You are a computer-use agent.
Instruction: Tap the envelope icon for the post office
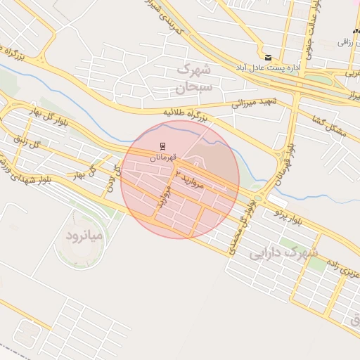[x=267, y=57]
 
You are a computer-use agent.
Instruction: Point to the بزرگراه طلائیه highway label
[x=186, y=114]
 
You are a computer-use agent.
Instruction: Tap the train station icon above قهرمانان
[x=162, y=146]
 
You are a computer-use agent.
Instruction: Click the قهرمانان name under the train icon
[x=162, y=157]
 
